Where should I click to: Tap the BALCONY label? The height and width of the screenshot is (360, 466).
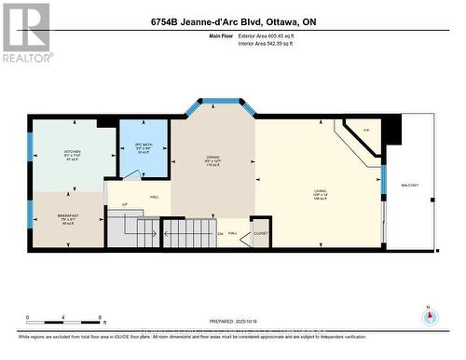coord(410,185)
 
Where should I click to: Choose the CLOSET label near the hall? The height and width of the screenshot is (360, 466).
coord(260,233)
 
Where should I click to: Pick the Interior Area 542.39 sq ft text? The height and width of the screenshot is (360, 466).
coord(277,43)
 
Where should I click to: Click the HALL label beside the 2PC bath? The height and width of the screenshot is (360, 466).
coord(153,197)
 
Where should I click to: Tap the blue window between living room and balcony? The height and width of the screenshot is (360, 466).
coord(383,181)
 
